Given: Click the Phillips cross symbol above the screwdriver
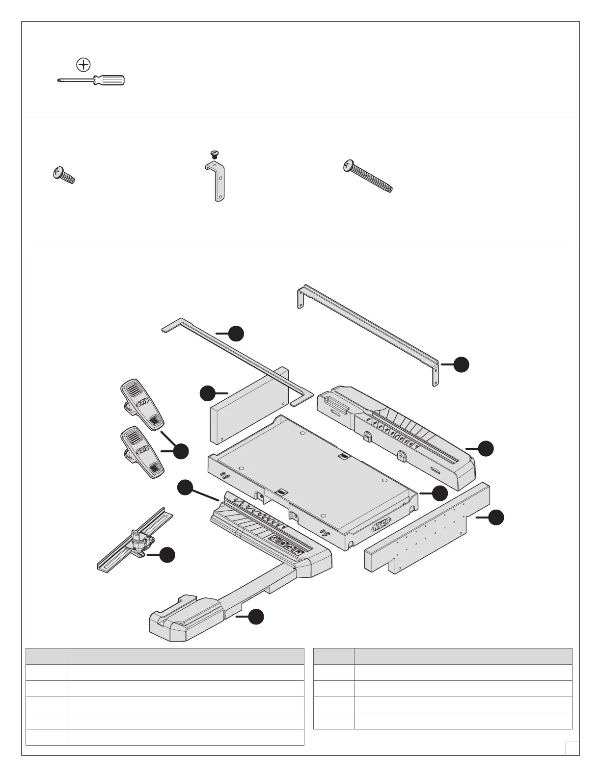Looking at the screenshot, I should [x=84, y=64].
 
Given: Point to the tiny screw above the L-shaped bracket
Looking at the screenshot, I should [x=214, y=154].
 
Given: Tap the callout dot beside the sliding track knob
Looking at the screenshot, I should [x=167, y=555].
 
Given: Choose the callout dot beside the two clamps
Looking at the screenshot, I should [x=181, y=451].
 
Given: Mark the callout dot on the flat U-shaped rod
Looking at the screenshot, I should [x=237, y=333].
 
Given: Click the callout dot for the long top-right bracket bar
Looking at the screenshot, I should [x=461, y=364].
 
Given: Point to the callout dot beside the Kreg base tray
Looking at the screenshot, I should [x=440, y=493].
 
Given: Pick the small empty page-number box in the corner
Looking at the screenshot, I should [x=572, y=749].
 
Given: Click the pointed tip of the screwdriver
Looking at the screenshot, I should [x=59, y=81].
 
